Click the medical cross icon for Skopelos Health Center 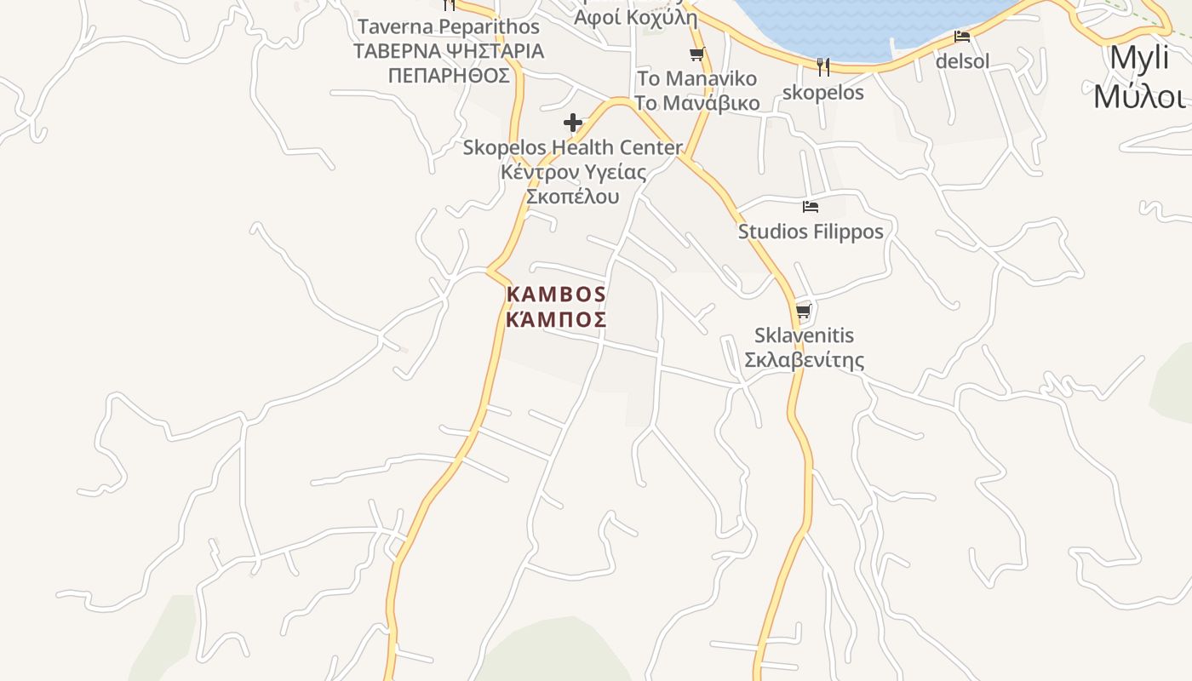click(573, 123)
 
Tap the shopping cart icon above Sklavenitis click(803, 311)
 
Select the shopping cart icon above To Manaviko click(697, 54)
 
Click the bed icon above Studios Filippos click(811, 206)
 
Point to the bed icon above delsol click(962, 37)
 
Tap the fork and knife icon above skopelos click(822, 67)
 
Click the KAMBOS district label click(556, 295)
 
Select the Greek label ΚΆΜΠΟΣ click(556, 320)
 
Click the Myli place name click(1138, 58)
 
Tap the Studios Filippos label click(811, 232)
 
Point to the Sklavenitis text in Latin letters click(804, 335)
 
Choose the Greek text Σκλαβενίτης click(804, 360)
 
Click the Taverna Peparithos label click(449, 27)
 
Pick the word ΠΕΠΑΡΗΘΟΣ click(449, 76)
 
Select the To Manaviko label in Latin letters click(696, 79)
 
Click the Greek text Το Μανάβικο click(696, 104)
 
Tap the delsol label click(962, 61)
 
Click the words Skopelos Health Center click(572, 147)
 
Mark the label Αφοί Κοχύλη click(635, 18)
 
